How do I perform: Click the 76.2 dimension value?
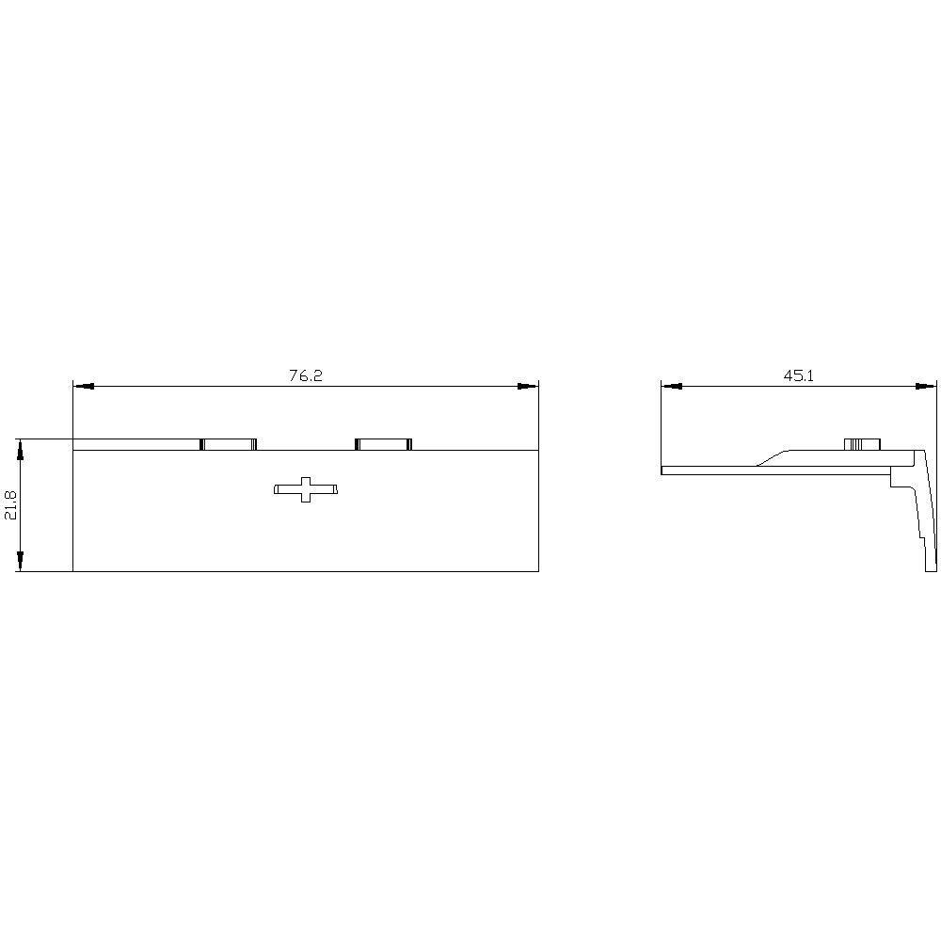coord(306,375)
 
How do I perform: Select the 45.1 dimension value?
coord(798,375)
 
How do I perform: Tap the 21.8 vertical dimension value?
coord(11,504)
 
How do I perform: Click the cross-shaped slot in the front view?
coord(306,489)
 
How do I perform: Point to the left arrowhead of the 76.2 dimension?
coord(84,386)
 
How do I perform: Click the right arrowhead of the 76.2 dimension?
coord(528,386)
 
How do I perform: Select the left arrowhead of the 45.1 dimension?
coord(672,386)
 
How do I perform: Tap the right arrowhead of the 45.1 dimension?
coord(926,386)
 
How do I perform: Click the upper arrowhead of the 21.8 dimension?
coord(21,450)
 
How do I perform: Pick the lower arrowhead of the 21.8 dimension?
coord(21,561)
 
